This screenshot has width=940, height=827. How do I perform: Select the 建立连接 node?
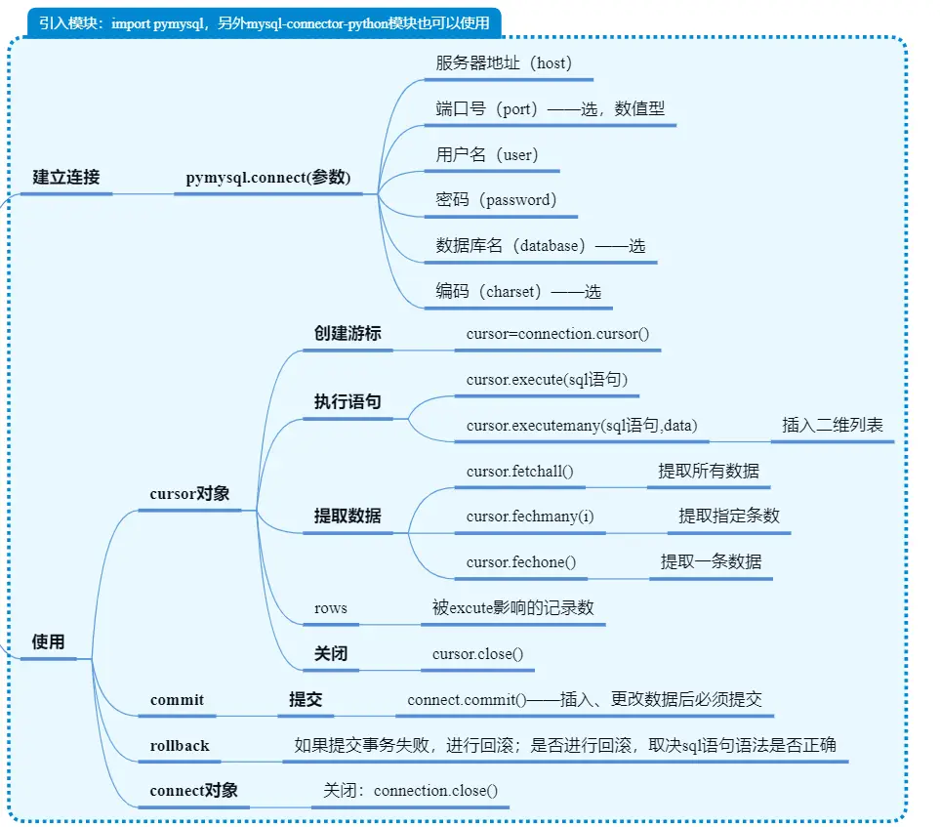click(66, 178)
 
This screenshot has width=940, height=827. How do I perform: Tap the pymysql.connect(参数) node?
click(268, 178)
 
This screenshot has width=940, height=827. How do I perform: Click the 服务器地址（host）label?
click(503, 63)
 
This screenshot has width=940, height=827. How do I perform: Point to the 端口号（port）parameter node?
click(550, 109)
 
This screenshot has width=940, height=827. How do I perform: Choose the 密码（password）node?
click(496, 200)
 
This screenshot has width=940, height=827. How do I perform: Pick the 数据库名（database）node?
click(540, 246)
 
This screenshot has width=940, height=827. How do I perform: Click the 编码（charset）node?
click(518, 291)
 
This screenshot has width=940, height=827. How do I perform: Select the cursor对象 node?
click(189, 494)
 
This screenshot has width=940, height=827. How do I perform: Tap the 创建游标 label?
click(347, 334)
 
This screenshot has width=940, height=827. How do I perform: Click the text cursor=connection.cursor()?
click(557, 334)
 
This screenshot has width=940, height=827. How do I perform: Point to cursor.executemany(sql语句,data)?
click(581, 425)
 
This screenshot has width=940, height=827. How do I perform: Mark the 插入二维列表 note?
click(832, 425)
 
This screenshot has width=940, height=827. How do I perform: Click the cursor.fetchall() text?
click(519, 471)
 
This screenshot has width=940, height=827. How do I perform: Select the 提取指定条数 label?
click(729, 516)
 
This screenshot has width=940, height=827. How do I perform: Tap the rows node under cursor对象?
click(331, 607)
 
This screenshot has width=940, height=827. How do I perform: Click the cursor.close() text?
click(478, 653)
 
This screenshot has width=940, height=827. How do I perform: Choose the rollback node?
click(180, 745)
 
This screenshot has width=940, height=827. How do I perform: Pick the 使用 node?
click(48, 641)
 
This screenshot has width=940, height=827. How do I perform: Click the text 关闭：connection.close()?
click(410, 790)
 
